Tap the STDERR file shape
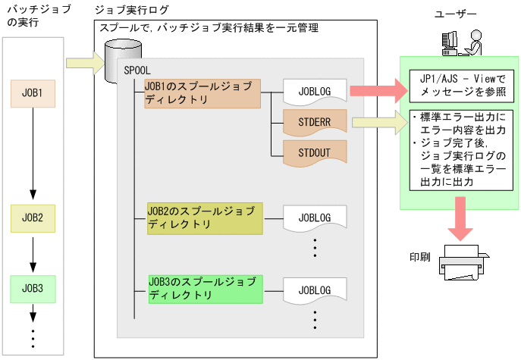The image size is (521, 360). point(314,121)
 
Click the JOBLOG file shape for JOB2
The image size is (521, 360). point(314,218)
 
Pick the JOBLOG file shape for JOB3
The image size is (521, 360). point(314,289)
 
